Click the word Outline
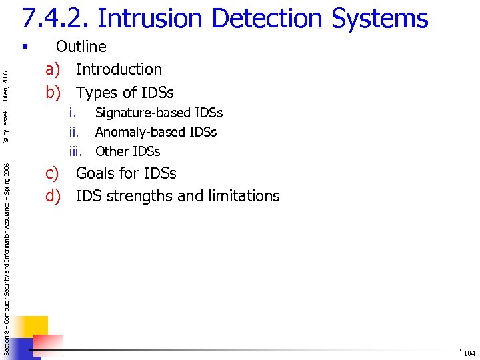point(81,47)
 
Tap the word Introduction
point(119,69)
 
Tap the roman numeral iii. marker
point(77,151)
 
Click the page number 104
point(469,353)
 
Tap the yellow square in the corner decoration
point(33,327)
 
